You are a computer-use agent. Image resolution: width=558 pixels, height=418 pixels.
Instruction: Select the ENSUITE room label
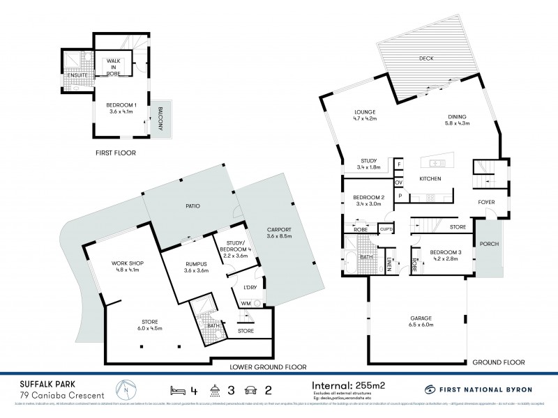click(x=77, y=75)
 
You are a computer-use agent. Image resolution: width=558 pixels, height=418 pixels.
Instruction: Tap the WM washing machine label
click(x=246, y=303)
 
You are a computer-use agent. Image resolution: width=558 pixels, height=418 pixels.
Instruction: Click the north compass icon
click(x=123, y=387)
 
